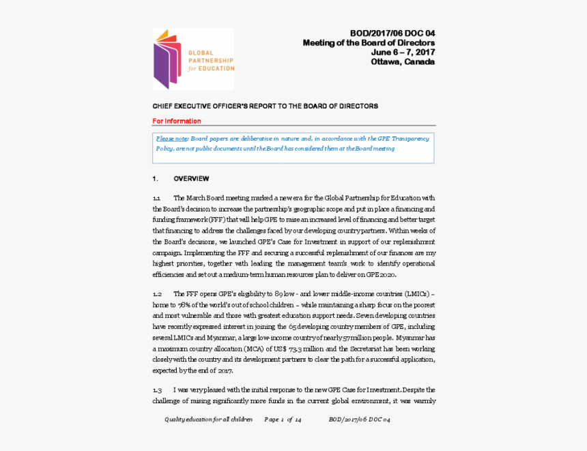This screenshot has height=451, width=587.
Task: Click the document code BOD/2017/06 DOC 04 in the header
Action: [392, 33]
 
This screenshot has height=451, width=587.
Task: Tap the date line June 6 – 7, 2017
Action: [403, 52]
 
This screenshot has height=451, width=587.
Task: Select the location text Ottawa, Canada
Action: [402, 61]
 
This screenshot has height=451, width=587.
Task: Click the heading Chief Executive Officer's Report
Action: [265, 106]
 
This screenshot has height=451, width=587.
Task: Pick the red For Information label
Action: [176, 121]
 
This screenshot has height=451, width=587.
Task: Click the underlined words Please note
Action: [172, 139]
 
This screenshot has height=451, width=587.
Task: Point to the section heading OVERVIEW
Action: [191, 179]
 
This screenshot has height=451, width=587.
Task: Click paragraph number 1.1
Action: [156, 198]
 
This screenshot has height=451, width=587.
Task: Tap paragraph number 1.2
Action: [157, 294]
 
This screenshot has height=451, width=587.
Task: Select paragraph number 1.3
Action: [157, 390]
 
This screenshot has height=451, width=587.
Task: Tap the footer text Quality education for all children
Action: [208, 420]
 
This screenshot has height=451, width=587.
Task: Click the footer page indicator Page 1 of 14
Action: [283, 420]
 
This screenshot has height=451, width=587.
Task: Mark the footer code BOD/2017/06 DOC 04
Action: [359, 420]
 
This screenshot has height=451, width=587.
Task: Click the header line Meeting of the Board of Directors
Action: [369, 43]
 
